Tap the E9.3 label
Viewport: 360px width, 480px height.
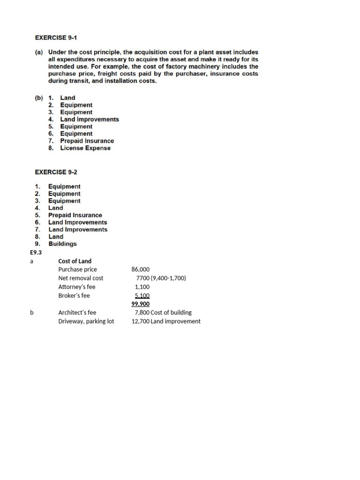point(36,252)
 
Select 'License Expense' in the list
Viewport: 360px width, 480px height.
point(85,148)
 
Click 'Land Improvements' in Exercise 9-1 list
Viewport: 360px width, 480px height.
point(90,120)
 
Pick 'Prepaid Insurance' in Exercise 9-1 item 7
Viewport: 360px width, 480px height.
point(87,141)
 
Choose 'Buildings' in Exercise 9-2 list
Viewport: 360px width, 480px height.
point(62,244)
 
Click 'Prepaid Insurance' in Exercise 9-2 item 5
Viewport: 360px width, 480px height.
point(75,215)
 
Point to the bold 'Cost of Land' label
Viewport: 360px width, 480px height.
point(75,261)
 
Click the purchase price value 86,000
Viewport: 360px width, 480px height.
point(141,270)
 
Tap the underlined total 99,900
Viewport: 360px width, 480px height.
point(141,304)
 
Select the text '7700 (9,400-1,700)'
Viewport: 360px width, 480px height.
point(161,278)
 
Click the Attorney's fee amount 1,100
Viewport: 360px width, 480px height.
point(142,287)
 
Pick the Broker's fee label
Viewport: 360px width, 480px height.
point(74,296)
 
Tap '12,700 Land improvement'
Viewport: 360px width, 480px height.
point(166,322)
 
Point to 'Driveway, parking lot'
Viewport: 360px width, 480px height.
point(86,322)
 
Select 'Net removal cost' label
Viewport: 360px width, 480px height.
point(81,278)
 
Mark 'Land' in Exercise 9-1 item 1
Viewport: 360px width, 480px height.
point(67,98)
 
